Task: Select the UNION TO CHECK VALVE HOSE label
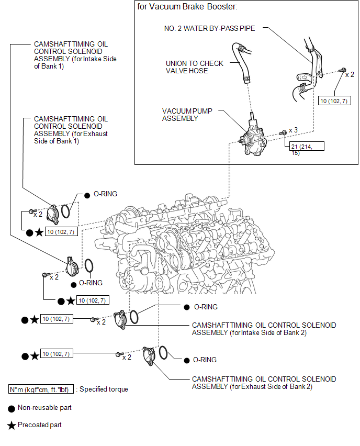point(195,67)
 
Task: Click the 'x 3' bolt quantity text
point(293,130)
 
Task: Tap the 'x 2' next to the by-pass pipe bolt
point(350,74)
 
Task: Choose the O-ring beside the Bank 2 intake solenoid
point(134,317)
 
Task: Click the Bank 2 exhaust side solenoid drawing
point(149,355)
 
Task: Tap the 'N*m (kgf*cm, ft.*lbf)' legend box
point(41,389)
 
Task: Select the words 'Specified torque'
point(104,389)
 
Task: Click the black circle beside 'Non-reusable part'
point(12,407)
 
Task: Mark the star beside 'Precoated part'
point(12,425)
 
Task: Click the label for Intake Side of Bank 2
point(264,329)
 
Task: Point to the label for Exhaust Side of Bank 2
point(264,383)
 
